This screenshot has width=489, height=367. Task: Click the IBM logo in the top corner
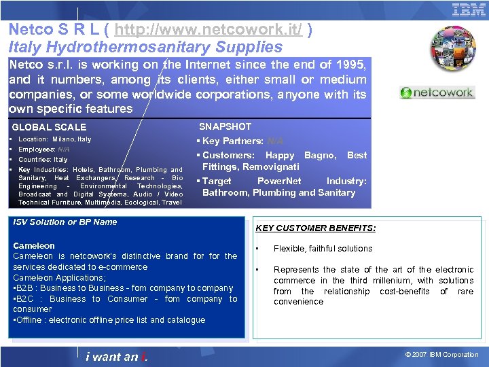[x=469, y=10]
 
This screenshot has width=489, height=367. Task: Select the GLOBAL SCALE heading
[x=49, y=127]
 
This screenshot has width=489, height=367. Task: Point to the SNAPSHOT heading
[x=225, y=126]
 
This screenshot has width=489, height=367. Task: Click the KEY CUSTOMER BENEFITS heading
[x=315, y=228]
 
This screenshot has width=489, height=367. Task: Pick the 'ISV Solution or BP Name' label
[x=65, y=222]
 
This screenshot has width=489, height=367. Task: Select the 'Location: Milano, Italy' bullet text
[x=54, y=139]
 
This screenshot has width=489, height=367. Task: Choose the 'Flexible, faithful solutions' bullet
[x=323, y=249]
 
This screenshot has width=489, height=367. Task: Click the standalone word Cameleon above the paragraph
[x=34, y=246]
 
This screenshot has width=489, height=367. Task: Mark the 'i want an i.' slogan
[x=117, y=357]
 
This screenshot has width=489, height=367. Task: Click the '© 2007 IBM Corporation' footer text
[x=442, y=355]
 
